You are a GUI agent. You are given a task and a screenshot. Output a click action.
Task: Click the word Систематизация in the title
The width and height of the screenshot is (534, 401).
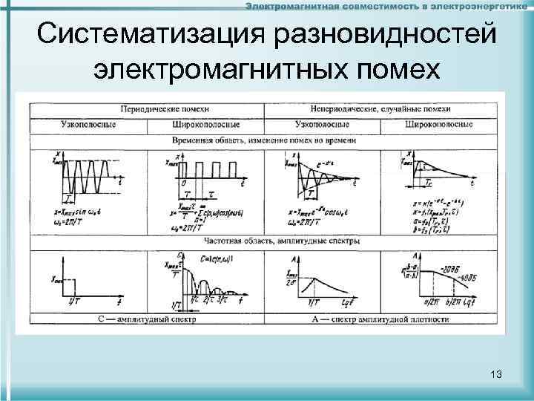148,33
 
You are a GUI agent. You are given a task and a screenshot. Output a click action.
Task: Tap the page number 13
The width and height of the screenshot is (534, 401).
496,374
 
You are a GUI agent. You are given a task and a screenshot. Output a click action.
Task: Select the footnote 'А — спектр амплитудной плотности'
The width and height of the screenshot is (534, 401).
380,320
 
